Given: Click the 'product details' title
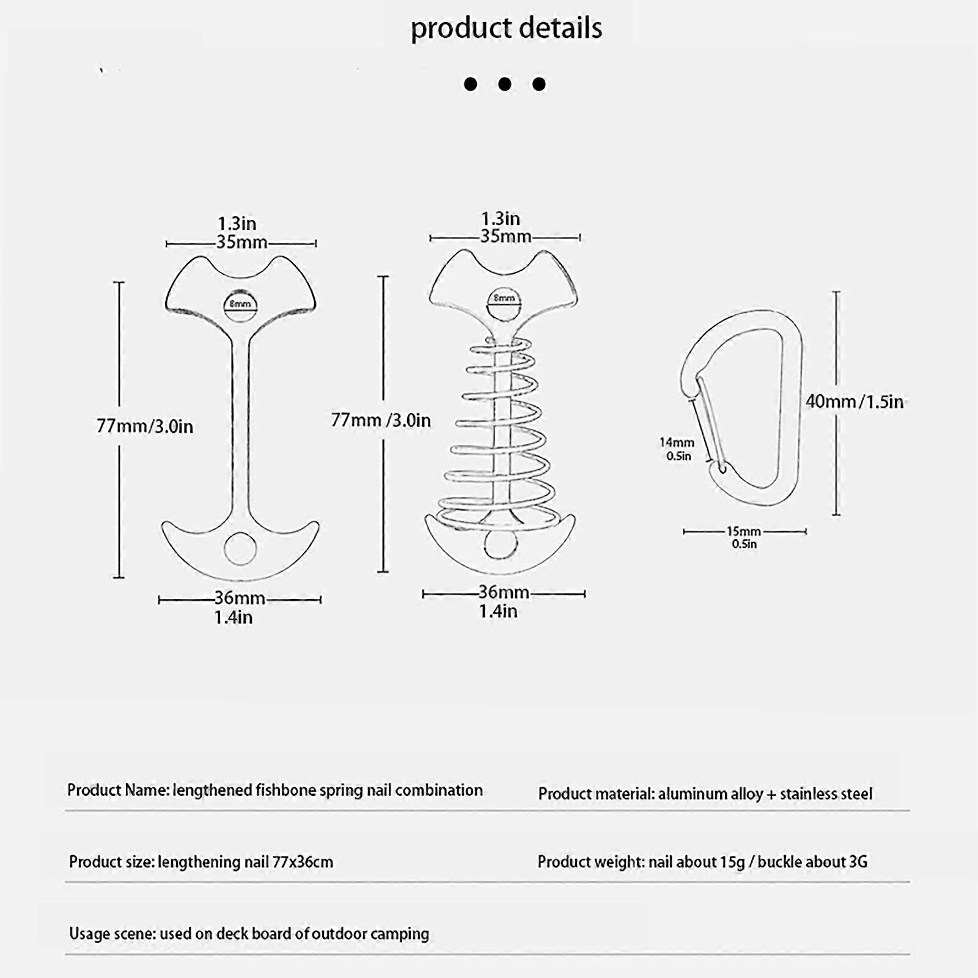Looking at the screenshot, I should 506,28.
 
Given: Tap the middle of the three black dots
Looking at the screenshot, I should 504,84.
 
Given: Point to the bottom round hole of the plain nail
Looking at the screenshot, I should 240,548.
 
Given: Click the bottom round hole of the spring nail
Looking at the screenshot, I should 501,543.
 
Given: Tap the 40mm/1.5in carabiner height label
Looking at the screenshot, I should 854,402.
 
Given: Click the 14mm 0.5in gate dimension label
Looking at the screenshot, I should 677,449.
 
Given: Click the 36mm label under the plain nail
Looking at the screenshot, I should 239,598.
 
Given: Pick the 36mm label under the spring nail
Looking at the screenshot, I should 503,592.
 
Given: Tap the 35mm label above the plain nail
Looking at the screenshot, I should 241,242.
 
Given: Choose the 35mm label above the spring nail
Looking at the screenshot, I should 505,237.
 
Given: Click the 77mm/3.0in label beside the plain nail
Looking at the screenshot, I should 145,426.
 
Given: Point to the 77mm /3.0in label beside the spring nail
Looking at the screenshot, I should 381,420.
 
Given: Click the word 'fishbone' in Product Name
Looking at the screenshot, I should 285,790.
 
